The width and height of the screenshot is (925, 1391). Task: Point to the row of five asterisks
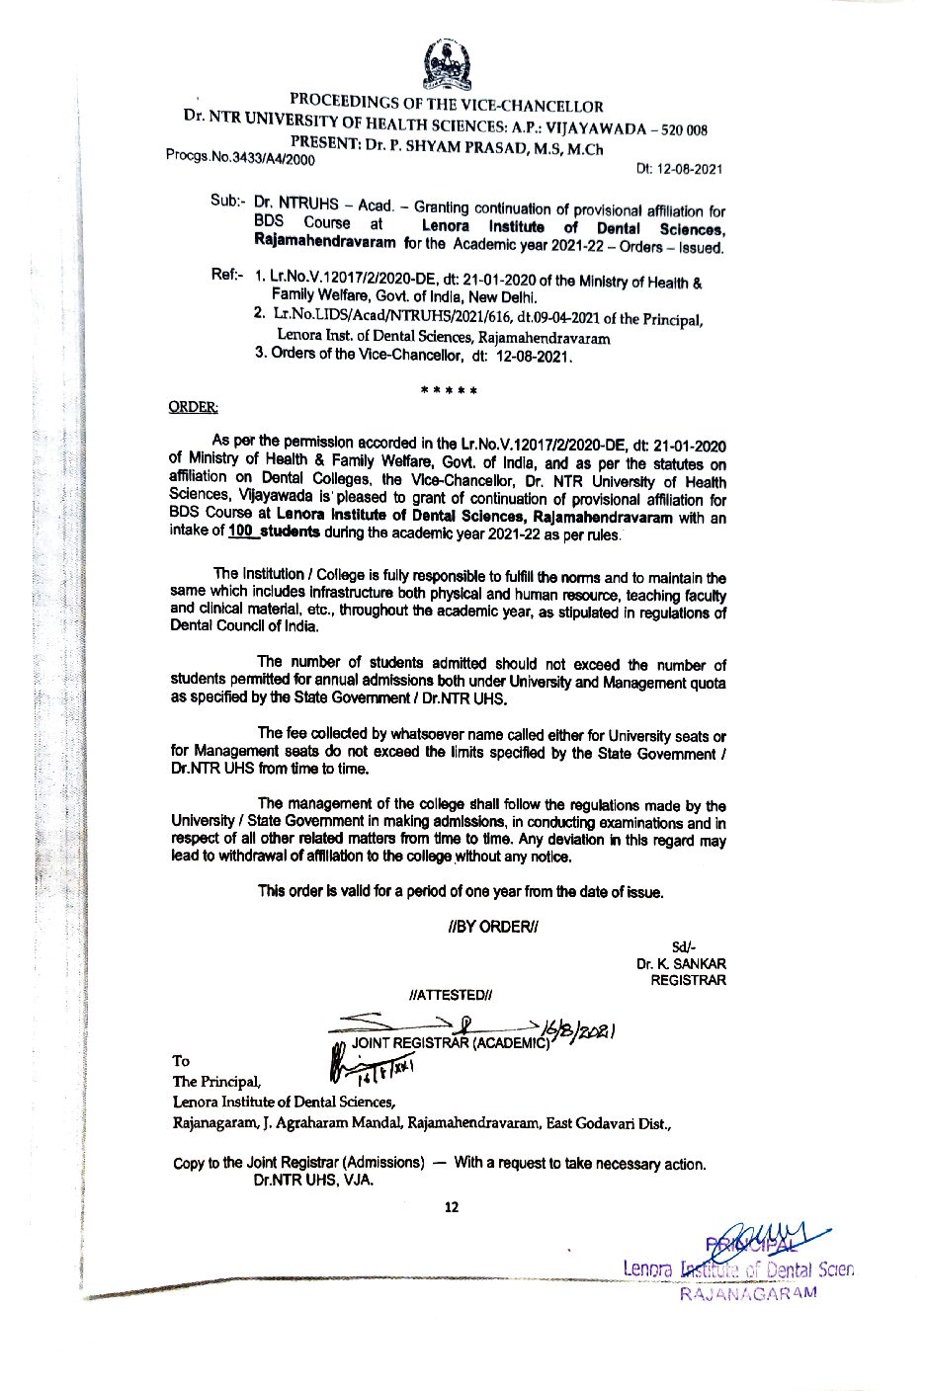[x=450, y=390]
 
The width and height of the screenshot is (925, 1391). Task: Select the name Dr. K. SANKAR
[x=682, y=963]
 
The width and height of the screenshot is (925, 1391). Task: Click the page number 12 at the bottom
[x=453, y=1206]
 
